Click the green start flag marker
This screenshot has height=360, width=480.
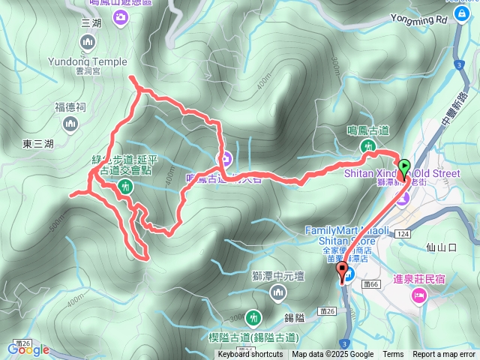(404, 167)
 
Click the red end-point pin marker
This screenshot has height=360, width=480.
(343, 274)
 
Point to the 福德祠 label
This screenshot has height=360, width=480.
(70, 107)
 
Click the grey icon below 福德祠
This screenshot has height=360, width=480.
(70, 124)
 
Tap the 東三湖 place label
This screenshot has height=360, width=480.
(38, 143)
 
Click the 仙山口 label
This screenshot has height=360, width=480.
(442, 247)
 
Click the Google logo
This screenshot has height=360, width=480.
(28, 349)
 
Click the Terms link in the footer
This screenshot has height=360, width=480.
(393, 355)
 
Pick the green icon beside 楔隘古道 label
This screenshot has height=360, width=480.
(253, 317)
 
